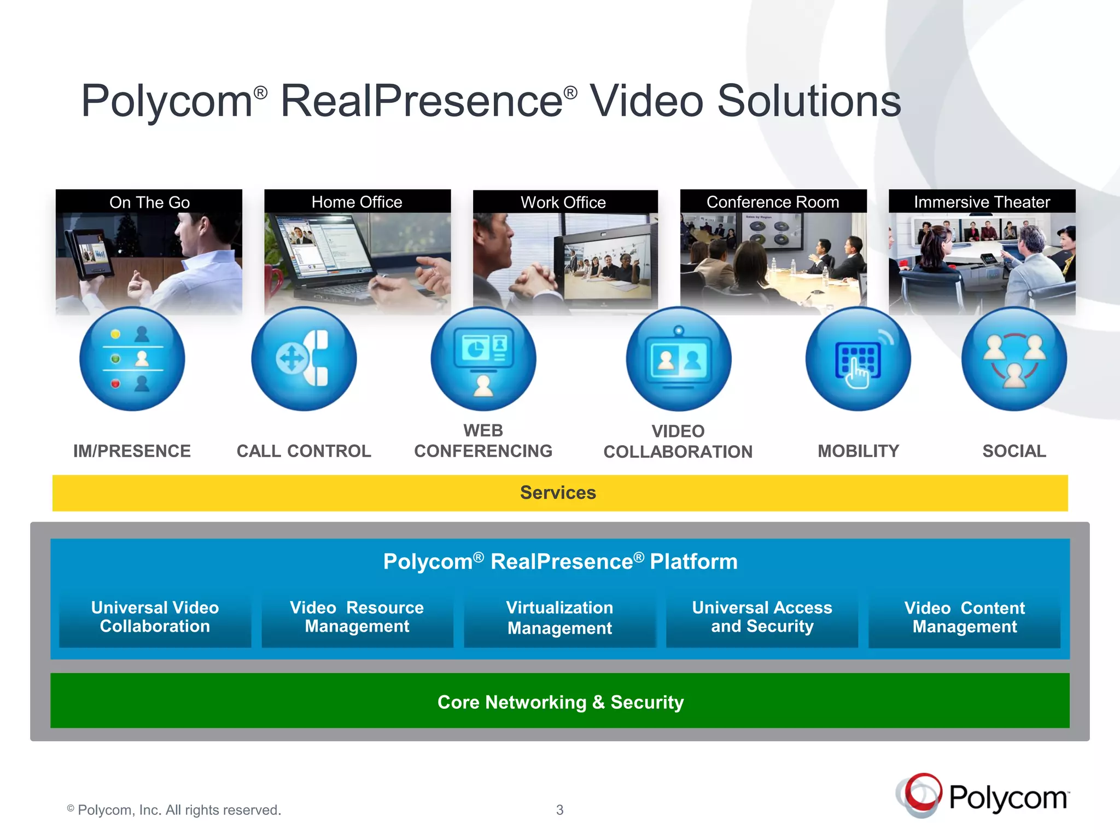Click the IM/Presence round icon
[x=132, y=359]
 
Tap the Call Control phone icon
[x=304, y=359]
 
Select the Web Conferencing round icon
[x=483, y=359]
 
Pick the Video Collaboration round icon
[x=679, y=359]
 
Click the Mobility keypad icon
[x=858, y=359]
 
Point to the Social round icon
[x=1014, y=359]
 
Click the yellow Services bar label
[x=558, y=493]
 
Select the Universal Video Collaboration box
[x=155, y=617]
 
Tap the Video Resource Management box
[x=357, y=617]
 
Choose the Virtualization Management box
[x=559, y=618]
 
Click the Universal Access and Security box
[x=762, y=617]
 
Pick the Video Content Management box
[x=965, y=618]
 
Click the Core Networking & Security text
[x=561, y=702]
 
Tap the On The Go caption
[x=149, y=202]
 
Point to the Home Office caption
[x=357, y=202]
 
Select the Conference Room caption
[x=773, y=202]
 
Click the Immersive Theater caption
[x=982, y=202]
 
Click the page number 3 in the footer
[x=559, y=810]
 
